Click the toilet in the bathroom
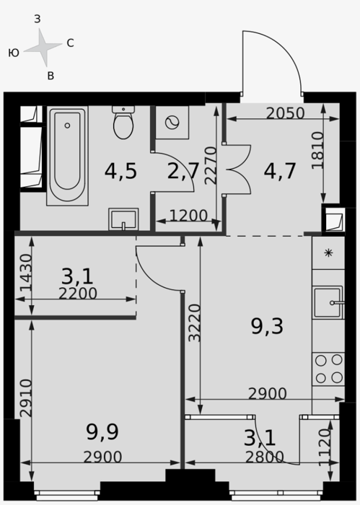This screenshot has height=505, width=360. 123,123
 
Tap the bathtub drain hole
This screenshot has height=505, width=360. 67,126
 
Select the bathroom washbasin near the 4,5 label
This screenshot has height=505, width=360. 123,219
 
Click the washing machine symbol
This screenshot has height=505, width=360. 172,123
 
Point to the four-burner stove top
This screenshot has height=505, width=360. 328,369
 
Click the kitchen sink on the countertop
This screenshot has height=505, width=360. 328,302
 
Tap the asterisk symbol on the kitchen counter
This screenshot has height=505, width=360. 328,252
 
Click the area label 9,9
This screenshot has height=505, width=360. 102,432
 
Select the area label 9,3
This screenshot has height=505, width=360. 267,326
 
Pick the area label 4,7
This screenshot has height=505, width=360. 279,171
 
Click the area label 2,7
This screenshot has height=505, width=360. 183,171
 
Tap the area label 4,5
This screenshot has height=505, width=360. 120,171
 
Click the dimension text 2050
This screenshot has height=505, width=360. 285,113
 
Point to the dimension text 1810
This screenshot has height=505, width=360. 318,150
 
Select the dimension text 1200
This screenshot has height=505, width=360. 188,216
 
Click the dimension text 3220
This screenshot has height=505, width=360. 195,323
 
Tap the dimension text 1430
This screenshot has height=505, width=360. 26,273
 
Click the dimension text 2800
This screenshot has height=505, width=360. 265,457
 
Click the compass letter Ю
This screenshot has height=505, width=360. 14,53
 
